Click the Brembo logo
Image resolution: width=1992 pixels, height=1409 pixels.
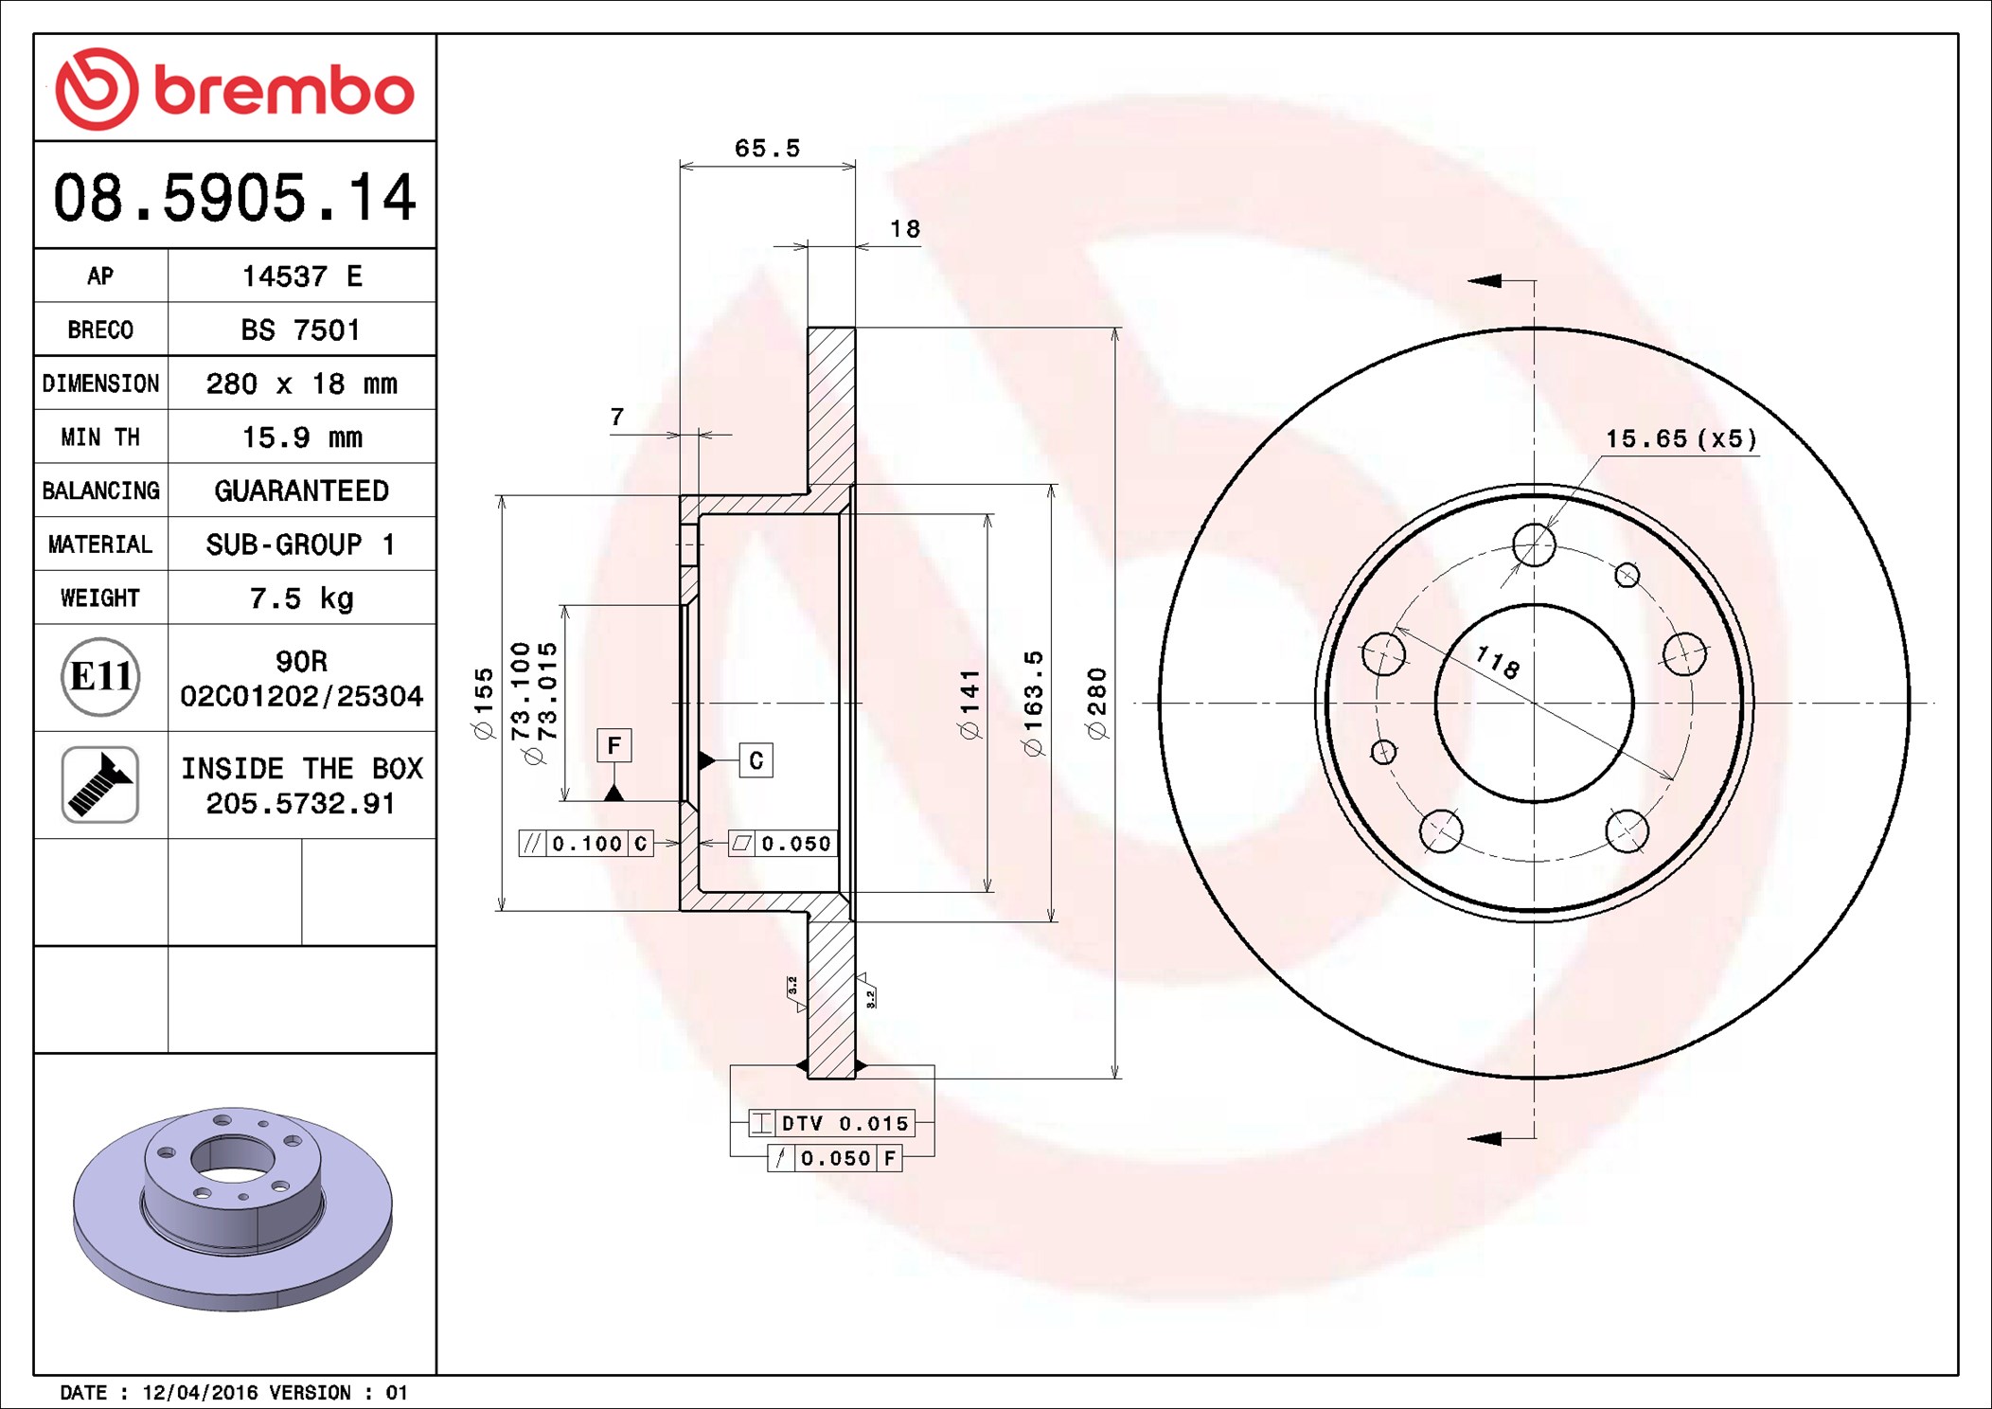[x=234, y=89]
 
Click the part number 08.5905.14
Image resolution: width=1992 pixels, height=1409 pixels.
[x=235, y=198]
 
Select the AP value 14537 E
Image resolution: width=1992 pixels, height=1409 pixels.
[x=302, y=276]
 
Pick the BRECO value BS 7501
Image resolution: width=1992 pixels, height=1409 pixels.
[x=300, y=330]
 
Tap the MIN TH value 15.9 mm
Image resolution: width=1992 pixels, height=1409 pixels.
[x=302, y=437]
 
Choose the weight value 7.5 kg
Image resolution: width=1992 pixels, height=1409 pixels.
[x=301, y=598]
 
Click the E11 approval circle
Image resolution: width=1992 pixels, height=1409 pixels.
[x=100, y=677]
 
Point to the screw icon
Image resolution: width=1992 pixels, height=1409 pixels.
[x=100, y=784]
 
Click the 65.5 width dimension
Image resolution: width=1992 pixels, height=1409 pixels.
[x=767, y=149]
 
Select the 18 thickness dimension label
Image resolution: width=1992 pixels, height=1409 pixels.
[x=905, y=229]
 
